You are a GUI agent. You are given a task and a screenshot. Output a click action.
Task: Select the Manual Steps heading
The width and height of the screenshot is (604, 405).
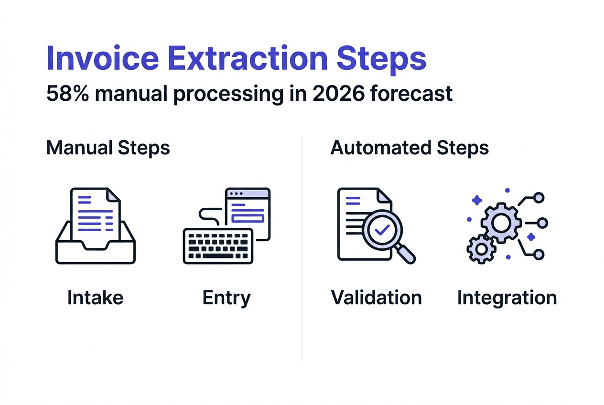coord(108,148)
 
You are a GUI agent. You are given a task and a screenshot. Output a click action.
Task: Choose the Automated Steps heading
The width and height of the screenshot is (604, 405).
coord(410,148)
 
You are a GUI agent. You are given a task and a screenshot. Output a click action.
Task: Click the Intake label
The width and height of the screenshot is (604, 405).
coord(95,298)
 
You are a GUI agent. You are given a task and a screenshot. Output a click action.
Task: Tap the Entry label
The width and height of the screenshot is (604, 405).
coord(226,298)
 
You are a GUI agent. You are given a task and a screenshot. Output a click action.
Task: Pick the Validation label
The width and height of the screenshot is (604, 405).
coord(377,298)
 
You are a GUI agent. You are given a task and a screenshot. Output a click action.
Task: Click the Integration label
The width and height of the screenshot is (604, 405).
coord(507,298)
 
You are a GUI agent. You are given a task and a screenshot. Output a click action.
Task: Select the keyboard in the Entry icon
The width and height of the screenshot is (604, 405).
coord(218,245)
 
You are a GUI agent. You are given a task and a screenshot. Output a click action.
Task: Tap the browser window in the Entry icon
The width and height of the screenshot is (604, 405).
coord(248,210)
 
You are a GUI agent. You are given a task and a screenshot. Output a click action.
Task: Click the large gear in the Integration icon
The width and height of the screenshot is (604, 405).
coord(500,222)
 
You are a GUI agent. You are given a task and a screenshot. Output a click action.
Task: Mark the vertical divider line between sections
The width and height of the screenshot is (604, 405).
coord(302,248)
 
